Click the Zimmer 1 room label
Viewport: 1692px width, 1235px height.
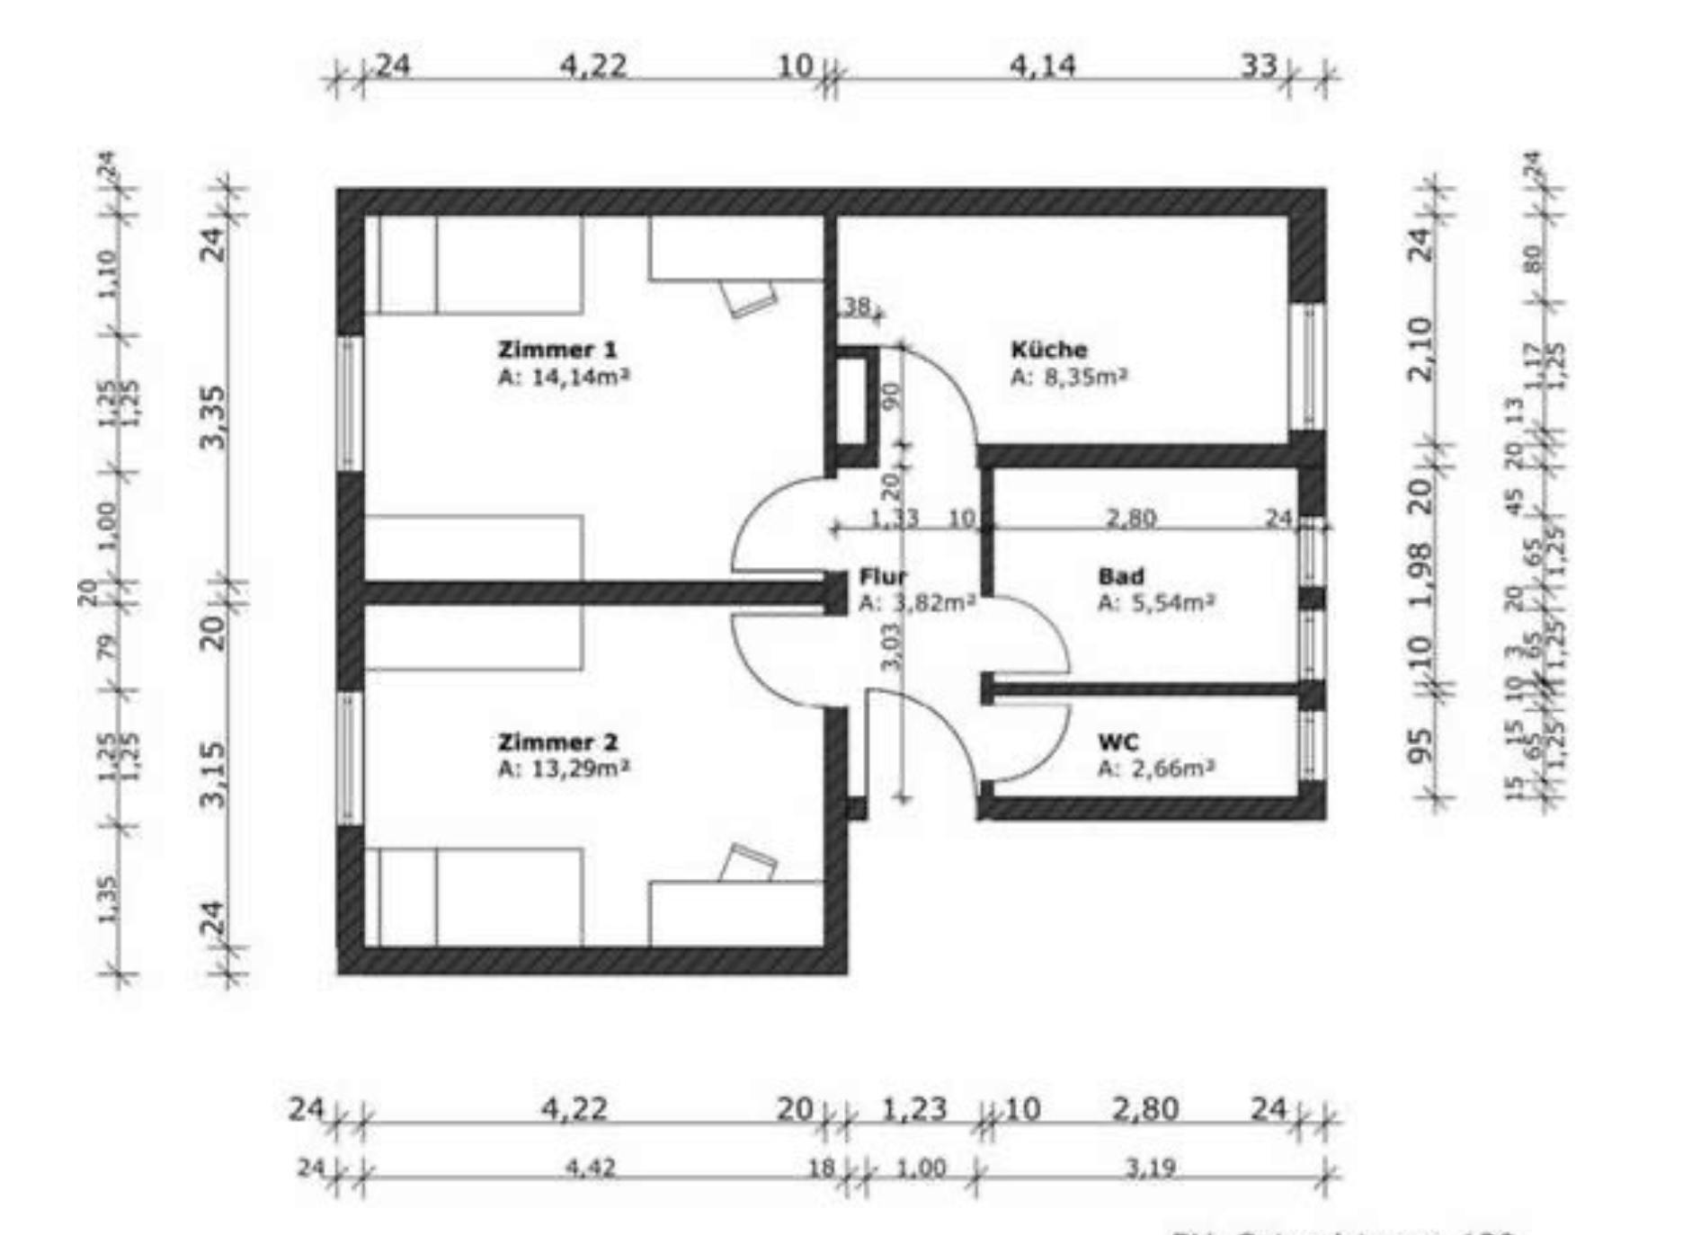point(557,349)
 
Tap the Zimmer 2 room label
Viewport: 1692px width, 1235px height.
point(557,742)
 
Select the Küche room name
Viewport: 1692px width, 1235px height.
point(1048,349)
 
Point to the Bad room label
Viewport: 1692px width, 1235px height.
point(1120,576)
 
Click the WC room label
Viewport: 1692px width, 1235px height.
point(1118,742)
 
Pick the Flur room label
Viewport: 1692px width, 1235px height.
point(883,576)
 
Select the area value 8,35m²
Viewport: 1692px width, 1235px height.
point(1084,376)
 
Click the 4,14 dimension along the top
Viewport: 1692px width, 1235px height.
point(1042,66)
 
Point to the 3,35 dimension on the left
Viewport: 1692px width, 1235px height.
point(214,415)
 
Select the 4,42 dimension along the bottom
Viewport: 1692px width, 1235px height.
point(590,1168)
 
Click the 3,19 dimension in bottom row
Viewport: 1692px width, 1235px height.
point(1150,1168)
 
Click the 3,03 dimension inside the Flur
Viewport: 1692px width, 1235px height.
point(890,646)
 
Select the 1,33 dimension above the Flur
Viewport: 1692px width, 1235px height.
point(894,519)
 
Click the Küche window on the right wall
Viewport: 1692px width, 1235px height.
point(1309,366)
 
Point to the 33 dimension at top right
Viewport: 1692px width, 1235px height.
point(1259,66)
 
